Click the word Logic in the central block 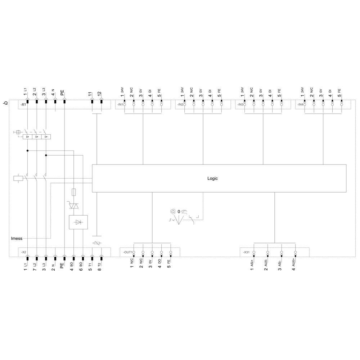click(x=212, y=178)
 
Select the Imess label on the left click(x=17, y=238)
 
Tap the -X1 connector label click(x=23, y=104)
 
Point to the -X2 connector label click(x=23, y=252)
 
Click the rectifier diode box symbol click(x=78, y=222)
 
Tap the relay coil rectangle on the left click(x=18, y=178)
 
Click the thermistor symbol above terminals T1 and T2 click(x=96, y=243)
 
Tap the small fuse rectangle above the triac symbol click(x=74, y=192)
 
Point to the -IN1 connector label click(x=120, y=105)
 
